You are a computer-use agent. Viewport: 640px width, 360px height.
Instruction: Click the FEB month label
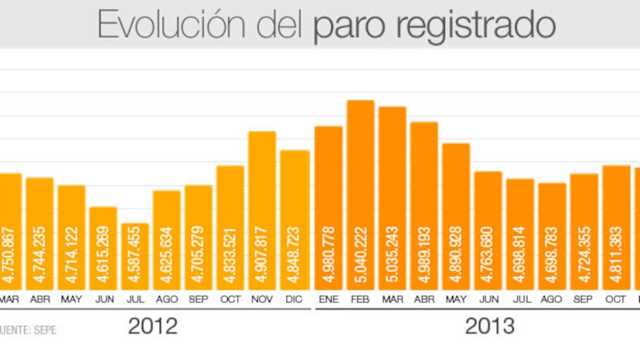pyautogui.click(x=361, y=300)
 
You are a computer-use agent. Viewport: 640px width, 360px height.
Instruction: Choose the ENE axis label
pyautogui.click(x=329, y=300)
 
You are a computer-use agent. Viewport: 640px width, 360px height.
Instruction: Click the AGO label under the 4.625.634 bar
pyautogui.click(x=167, y=300)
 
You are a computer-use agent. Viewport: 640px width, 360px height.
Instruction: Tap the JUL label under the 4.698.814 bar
pyautogui.click(x=520, y=300)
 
